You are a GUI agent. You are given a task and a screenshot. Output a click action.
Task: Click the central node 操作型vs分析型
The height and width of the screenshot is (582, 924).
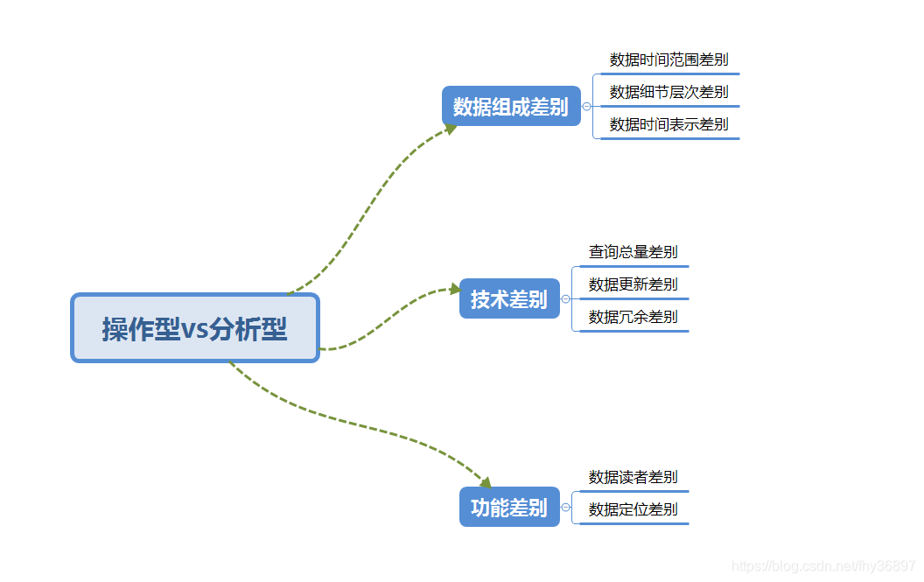click(x=194, y=328)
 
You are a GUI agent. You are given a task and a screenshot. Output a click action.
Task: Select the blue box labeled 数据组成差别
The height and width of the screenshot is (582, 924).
click(x=511, y=106)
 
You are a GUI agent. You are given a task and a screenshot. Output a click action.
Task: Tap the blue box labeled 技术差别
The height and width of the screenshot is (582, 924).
click(x=509, y=298)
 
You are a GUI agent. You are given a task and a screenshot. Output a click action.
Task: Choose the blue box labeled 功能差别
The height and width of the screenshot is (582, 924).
click(x=509, y=507)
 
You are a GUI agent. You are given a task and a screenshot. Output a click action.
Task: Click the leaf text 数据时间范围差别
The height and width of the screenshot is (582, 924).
click(x=668, y=60)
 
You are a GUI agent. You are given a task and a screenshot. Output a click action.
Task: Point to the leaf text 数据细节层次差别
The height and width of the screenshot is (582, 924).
click(x=668, y=92)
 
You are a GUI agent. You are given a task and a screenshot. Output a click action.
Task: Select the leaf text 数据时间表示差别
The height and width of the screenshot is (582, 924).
click(x=668, y=124)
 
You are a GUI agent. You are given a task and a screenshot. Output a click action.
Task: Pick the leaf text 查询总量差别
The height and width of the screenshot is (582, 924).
click(x=633, y=252)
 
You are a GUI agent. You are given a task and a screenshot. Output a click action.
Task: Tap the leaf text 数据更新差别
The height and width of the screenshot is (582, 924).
click(x=633, y=284)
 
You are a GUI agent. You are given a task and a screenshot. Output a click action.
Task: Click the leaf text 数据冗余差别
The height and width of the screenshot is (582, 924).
click(x=633, y=317)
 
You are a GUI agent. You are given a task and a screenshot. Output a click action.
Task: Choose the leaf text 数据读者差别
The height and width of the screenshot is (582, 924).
click(x=633, y=477)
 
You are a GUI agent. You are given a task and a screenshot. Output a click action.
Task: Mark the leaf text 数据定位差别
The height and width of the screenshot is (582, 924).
click(x=633, y=509)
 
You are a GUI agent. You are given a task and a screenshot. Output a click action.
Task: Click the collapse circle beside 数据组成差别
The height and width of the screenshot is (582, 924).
click(x=586, y=107)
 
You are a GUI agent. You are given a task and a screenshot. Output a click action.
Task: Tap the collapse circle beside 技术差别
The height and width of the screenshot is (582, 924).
click(x=565, y=299)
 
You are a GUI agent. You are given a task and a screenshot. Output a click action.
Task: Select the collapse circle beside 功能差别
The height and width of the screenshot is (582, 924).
click(x=565, y=508)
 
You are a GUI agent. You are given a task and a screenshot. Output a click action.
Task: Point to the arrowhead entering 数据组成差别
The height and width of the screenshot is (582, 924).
click(x=451, y=129)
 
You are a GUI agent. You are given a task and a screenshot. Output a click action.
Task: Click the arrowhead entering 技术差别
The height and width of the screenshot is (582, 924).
click(x=454, y=289)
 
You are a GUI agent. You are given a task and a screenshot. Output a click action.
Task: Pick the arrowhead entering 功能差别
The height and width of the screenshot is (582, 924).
click(x=486, y=482)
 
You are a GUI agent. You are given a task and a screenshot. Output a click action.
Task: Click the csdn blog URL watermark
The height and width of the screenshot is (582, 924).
click(x=822, y=566)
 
